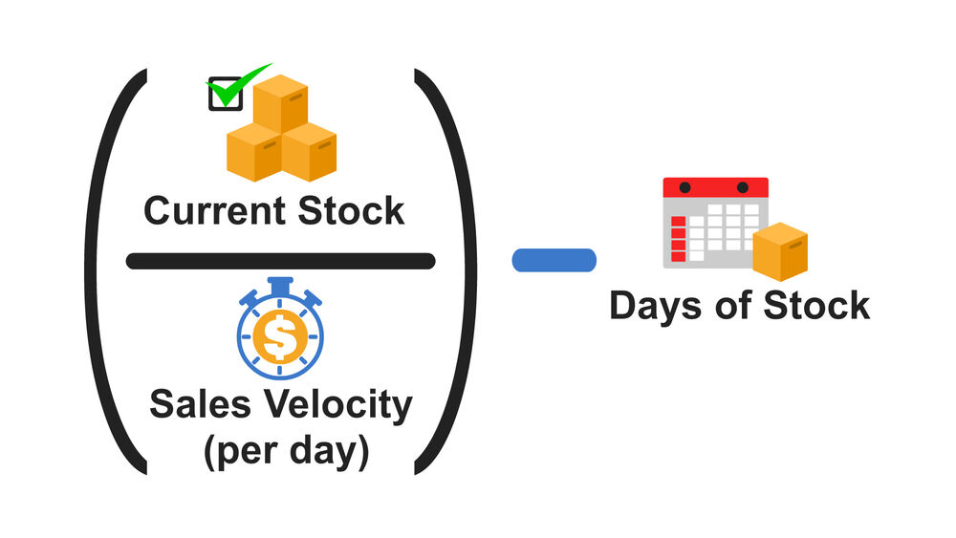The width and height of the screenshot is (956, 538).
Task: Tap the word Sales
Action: [193, 405]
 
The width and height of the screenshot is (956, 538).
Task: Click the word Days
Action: [654, 306]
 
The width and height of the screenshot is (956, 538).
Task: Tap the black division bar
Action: [280, 261]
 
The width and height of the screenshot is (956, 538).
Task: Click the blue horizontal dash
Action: [554, 260]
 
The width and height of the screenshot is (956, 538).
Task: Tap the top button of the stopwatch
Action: [280, 284]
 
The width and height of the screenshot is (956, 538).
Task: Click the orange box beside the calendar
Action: [780, 251]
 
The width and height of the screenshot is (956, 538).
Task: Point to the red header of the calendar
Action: [716, 187]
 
